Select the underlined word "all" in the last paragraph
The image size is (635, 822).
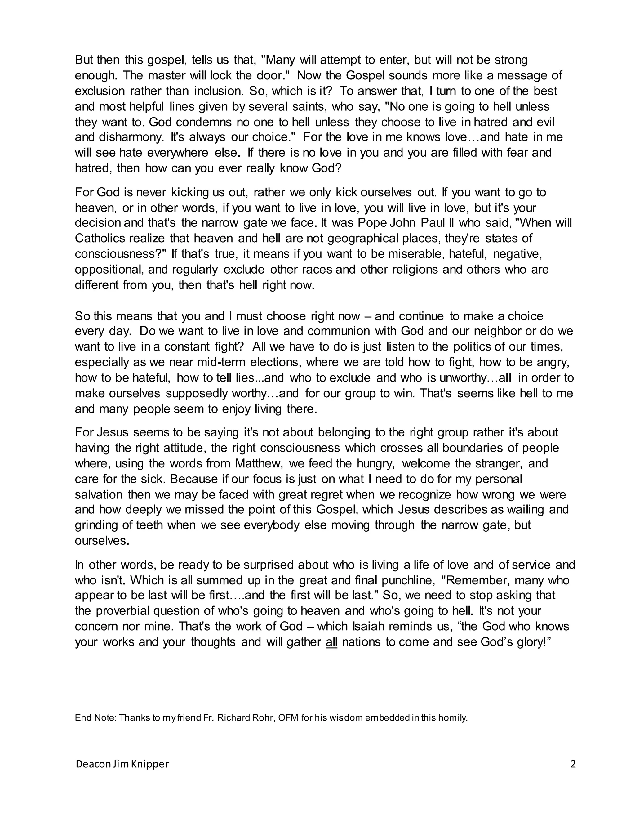click(x=331, y=642)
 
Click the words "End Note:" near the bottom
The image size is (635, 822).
click(x=96, y=718)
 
